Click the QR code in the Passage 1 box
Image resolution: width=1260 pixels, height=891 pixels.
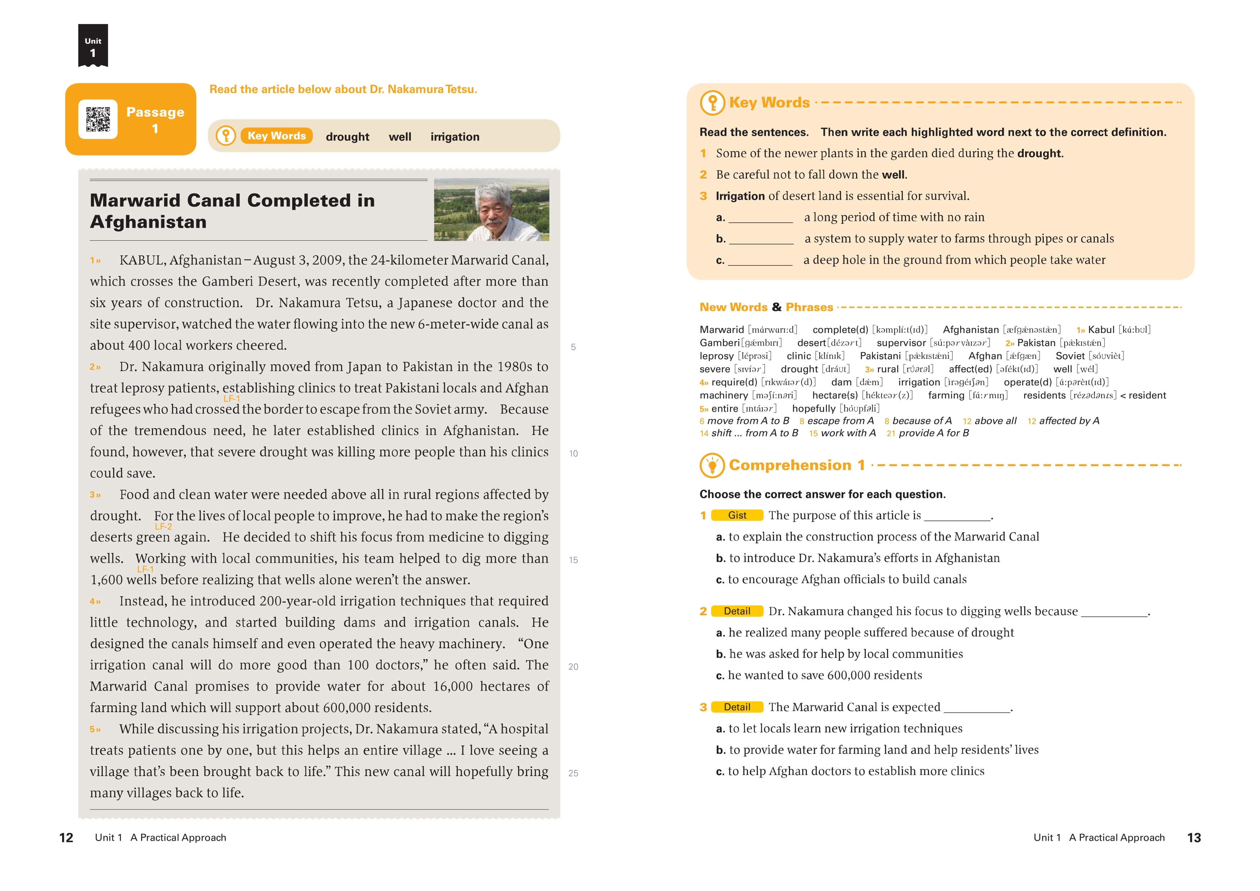(x=98, y=119)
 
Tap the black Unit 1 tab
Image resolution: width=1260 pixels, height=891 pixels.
(x=93, y=46)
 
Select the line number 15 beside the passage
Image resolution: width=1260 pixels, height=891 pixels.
(x=573, y=560)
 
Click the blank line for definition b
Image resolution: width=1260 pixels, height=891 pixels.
(x=761, y=239)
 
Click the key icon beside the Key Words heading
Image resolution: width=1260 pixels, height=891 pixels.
(x=712, y=103)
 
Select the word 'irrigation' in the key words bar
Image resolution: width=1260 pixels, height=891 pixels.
(x=454, y=137)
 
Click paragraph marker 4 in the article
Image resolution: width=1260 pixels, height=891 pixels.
(x=95, y=602)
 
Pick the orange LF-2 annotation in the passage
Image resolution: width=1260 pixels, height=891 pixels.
(x=163, y=526)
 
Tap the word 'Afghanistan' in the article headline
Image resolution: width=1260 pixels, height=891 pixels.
(x=148, y=222)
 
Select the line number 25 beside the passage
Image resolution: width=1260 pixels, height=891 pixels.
(x=573, y=773)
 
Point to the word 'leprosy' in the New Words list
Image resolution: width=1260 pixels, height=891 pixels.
(x=716, y=356)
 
